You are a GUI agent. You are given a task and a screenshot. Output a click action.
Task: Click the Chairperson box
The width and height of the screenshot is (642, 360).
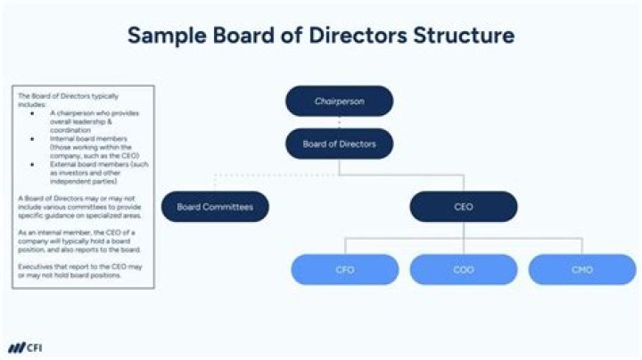[339, 101]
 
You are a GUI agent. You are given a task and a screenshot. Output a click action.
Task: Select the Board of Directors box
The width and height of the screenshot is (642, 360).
[339, 144]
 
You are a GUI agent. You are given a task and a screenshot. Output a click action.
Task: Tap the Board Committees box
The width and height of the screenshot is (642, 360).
[214, 207]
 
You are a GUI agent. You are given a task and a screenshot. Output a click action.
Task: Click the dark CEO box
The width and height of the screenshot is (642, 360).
[463, 207]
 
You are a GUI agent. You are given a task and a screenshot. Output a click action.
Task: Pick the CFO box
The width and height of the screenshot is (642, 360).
[345, 269]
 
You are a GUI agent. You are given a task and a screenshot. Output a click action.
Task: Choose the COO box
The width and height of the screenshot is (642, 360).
[463, 269]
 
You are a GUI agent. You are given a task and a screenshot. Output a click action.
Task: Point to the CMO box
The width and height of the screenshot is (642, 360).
[582, 269]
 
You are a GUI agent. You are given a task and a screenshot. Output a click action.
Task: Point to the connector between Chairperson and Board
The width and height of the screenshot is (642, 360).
[339, 122]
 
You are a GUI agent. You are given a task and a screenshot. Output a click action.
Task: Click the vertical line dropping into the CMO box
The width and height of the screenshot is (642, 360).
[582, 245]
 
